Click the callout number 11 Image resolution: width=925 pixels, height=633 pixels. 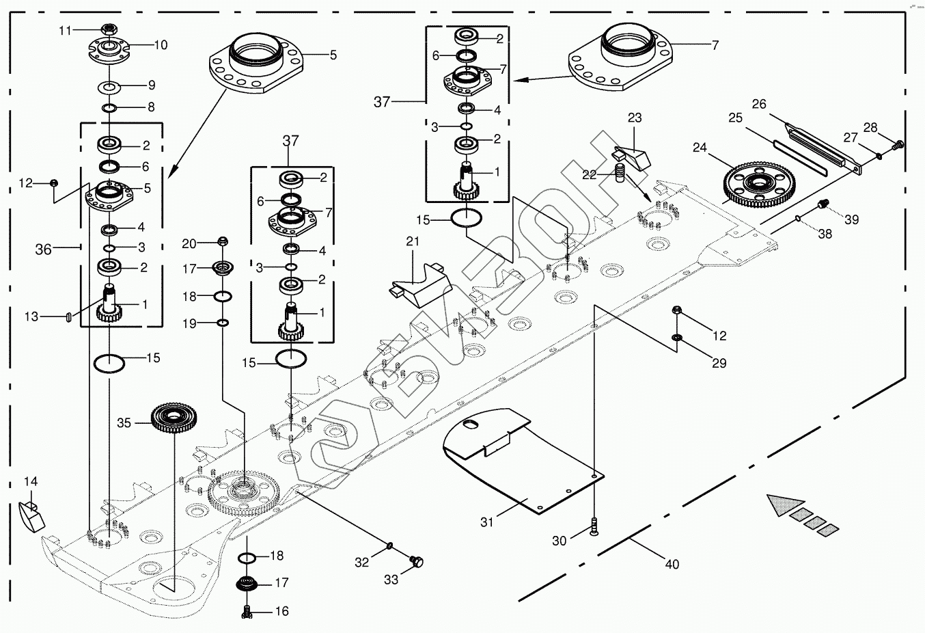pos(65,30)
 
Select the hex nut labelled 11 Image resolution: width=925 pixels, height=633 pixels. pos(109,29)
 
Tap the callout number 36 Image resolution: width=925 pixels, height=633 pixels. pos(43,250)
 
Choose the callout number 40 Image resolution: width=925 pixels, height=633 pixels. pos(672,564)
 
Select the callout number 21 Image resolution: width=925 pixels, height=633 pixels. pos(412,241)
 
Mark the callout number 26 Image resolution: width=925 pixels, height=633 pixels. pos(759,104)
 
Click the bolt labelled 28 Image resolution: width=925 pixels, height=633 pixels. pos(899,144)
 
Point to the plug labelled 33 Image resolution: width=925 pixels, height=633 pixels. pos(416,561)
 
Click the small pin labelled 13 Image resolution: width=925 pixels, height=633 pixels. pos(68,316)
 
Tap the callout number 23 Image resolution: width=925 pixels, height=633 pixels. pos(635,118)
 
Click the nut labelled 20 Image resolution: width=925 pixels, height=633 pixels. pos(221,241)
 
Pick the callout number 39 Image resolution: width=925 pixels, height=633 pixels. pos(851,219)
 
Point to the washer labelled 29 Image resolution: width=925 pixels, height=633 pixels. pos(677,338)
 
